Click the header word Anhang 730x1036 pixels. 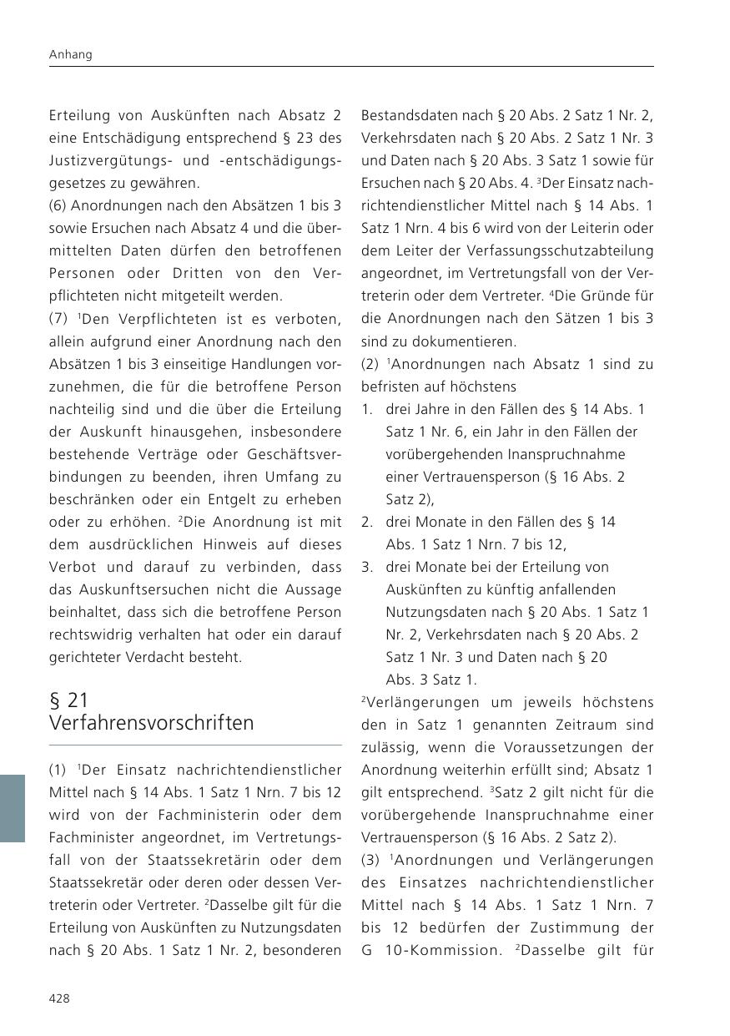point(71,54)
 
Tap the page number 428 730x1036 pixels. point(60,998)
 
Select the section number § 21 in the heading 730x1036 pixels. point(69,700)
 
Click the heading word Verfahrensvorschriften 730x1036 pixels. point(151,723)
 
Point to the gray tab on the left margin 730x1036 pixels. point(13,807)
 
